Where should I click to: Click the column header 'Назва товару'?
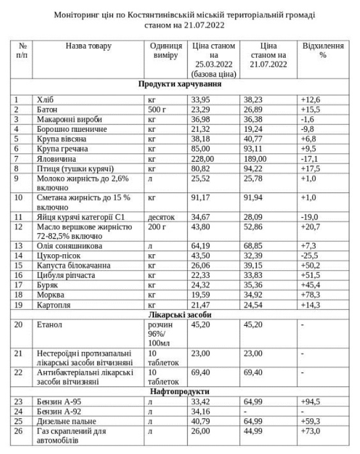(x=89, y=45)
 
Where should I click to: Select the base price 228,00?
(x=203, y=158)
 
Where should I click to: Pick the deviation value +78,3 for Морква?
(x=312, y=295)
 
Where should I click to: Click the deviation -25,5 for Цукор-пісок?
(x=311, y=256)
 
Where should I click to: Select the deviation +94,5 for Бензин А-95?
(x=312, y=402)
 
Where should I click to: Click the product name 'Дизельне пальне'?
(x=67, y=422)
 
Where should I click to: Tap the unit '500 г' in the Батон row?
(x=156, y=110)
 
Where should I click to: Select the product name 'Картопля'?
(x=55, y=305)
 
